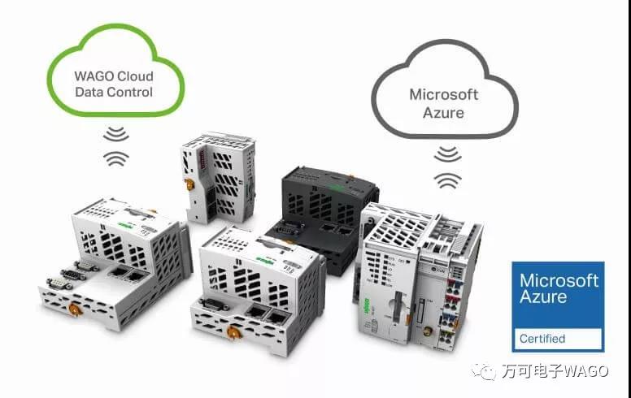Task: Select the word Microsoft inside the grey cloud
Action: (x=443, y=94)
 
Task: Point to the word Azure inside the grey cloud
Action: (x=443, y=112)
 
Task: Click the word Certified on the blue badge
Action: (x=543, y=338)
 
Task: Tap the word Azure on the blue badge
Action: (x=544, y=297)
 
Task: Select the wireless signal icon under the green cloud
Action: (x=117, y=144)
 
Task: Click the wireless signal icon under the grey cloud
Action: (x=446, y=167)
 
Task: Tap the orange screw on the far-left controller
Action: (x=74, y=308)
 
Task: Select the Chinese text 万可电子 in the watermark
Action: (x=529, y=371)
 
